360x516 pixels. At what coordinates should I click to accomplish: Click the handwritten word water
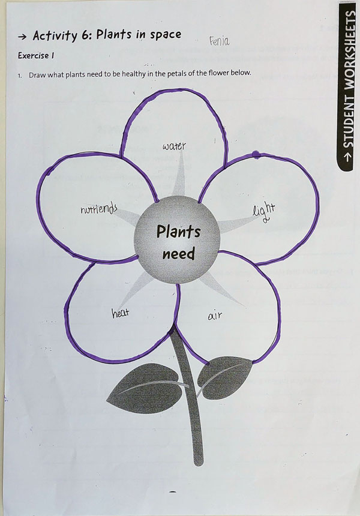[x=174, y=146]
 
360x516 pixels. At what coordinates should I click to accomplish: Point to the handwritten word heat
[x=121, y=313]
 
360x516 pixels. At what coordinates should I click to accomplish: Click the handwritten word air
[x=215, y=315]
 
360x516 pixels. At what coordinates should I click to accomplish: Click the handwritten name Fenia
[x=220, y=41]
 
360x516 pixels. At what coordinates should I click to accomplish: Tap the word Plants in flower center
[x=179, y=232]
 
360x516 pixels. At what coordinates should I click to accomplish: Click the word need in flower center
[x=179, y=254]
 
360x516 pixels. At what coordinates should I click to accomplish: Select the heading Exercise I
[x=36, y=56]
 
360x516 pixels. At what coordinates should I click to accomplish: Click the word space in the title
[x=164, y=35]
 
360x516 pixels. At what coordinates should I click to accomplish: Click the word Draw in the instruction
[x=40, y=74]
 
